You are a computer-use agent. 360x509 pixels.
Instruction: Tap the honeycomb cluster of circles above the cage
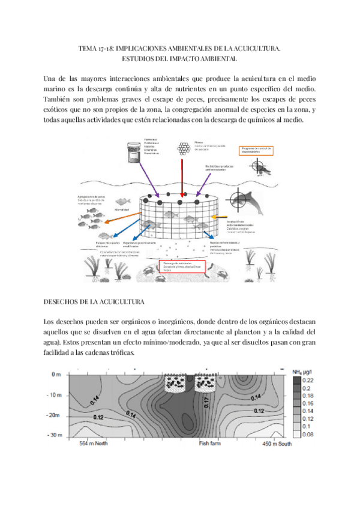click(x=181, y=149)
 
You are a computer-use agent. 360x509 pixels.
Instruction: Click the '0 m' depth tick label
click(x=57, y=375)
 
